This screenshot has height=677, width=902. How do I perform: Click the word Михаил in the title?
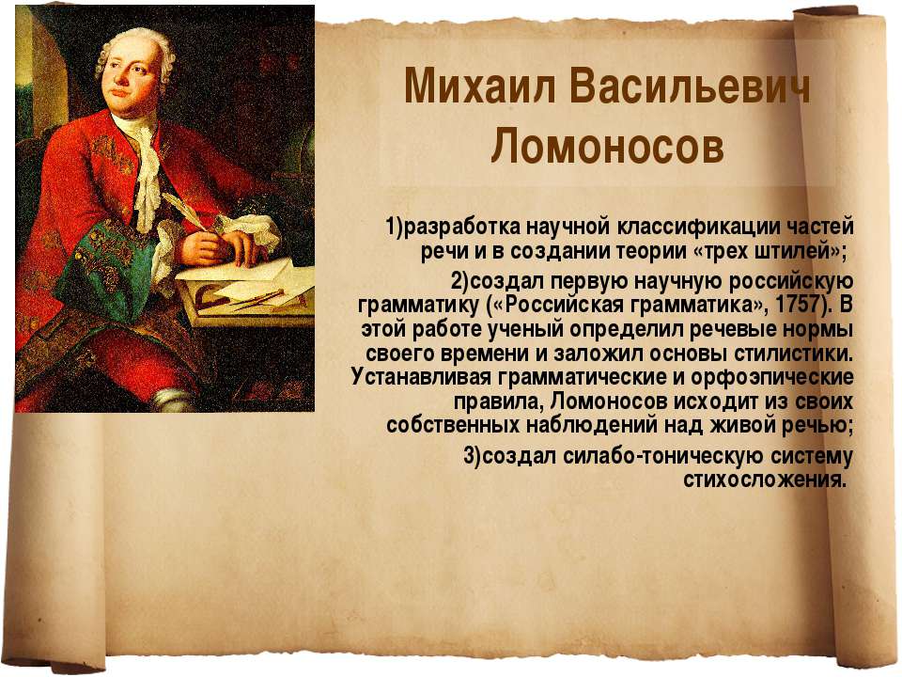(480, 87)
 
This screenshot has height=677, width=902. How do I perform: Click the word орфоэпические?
(772, 378)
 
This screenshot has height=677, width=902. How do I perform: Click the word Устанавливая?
(421, 378)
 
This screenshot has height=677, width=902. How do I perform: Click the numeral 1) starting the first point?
(394, 227)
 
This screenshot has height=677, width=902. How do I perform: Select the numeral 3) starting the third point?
(473, 456)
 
